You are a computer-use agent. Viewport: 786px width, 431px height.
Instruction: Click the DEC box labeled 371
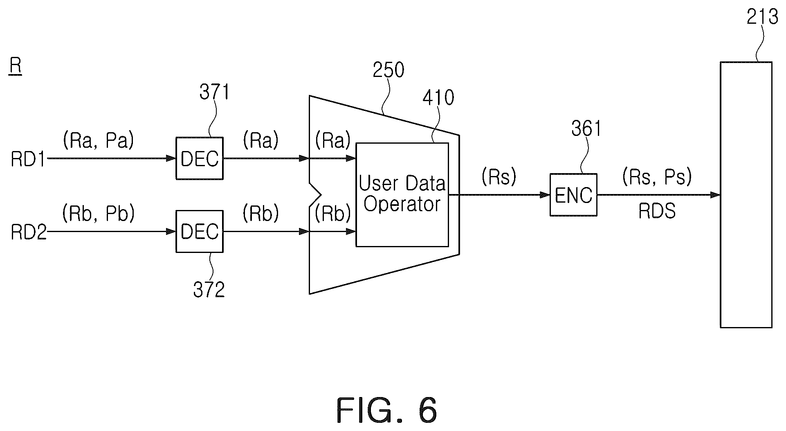(x=200, y=158)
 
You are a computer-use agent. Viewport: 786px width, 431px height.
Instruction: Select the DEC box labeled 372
(x=200, y=231)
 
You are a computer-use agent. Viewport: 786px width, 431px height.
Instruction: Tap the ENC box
(x=573, y=195)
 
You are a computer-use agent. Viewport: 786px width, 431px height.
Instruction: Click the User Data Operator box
(x=402, y=194)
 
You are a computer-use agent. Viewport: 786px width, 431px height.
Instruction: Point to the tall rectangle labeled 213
(x=746, y=194)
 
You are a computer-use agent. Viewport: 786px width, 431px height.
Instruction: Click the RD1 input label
(x=28, y=159)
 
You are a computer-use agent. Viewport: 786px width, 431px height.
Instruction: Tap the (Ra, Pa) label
(x=98, y=140)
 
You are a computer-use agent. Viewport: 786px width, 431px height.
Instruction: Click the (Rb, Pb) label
(x=99, y=214)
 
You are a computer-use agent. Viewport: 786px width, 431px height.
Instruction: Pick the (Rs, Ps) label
(x=657, y=177)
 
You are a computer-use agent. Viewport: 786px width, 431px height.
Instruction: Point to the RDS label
(x=657, y=211)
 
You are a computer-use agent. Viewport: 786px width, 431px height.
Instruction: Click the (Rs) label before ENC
(x=499, y=177)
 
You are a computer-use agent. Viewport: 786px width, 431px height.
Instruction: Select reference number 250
(x=388, y=70)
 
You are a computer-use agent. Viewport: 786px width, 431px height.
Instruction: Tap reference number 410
(x=438, y=98)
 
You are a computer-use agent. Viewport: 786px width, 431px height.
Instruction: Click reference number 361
(x=586, y=129)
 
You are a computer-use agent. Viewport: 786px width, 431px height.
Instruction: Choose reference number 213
(x=762, y=17)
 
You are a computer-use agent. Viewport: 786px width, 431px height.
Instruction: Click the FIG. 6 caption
(x=387, y=411)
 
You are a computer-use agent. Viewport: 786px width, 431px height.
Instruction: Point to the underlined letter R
(x=16, y=67)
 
